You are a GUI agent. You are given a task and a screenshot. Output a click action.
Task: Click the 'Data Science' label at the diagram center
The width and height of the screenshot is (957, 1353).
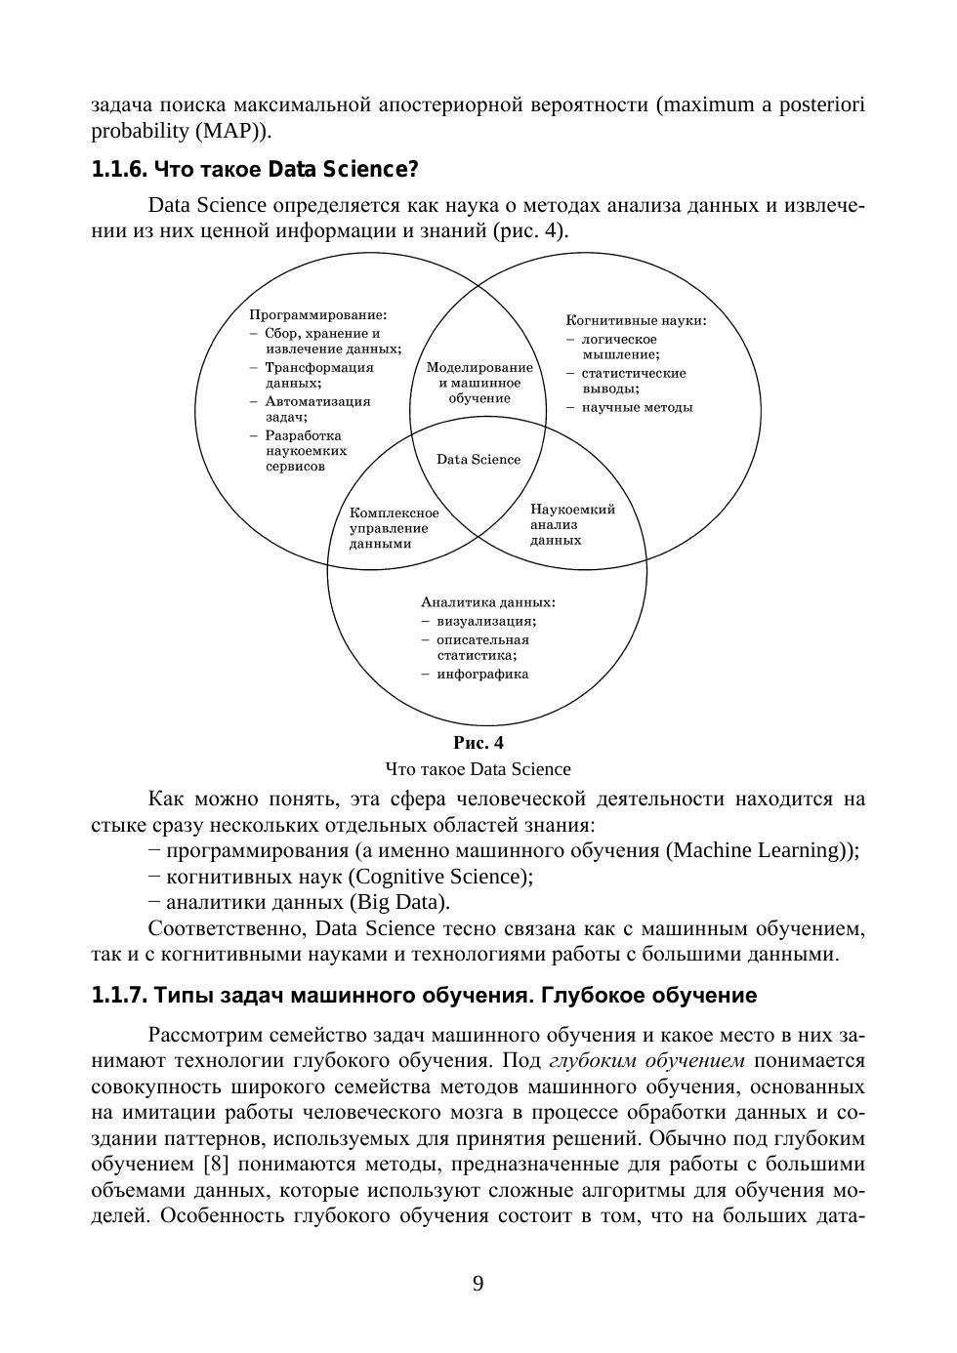tap(478, 460)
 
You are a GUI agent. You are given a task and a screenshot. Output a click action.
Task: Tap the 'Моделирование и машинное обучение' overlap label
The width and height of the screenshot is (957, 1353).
tap(479, 383)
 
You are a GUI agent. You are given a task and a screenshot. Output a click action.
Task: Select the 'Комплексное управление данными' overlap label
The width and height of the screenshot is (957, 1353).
tap(395, 528)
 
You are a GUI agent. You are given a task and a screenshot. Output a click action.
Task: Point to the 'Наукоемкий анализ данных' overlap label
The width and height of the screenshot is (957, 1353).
tap(572, 524)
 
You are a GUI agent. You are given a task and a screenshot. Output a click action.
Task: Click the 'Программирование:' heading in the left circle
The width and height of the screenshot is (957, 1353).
tap(318, 315)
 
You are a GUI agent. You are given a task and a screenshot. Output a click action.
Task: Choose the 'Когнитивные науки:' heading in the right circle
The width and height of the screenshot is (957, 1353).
tap(636, 320)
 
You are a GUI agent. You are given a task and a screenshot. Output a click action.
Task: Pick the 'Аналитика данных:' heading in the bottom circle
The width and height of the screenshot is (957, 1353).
tap(488, 602)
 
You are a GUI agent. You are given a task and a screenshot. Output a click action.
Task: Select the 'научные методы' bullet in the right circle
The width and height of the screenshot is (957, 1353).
tap(637, 407)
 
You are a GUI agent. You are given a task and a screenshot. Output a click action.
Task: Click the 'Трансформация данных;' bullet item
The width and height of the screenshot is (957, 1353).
tap(318, 375)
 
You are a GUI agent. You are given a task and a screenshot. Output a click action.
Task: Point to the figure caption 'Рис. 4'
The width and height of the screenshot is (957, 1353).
tap(478, 743)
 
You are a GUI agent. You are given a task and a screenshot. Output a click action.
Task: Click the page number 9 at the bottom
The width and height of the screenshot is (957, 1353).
tap(478, 1284)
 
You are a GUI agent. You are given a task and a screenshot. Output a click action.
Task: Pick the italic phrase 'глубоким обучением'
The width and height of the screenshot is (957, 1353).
tap(647, 1061)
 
